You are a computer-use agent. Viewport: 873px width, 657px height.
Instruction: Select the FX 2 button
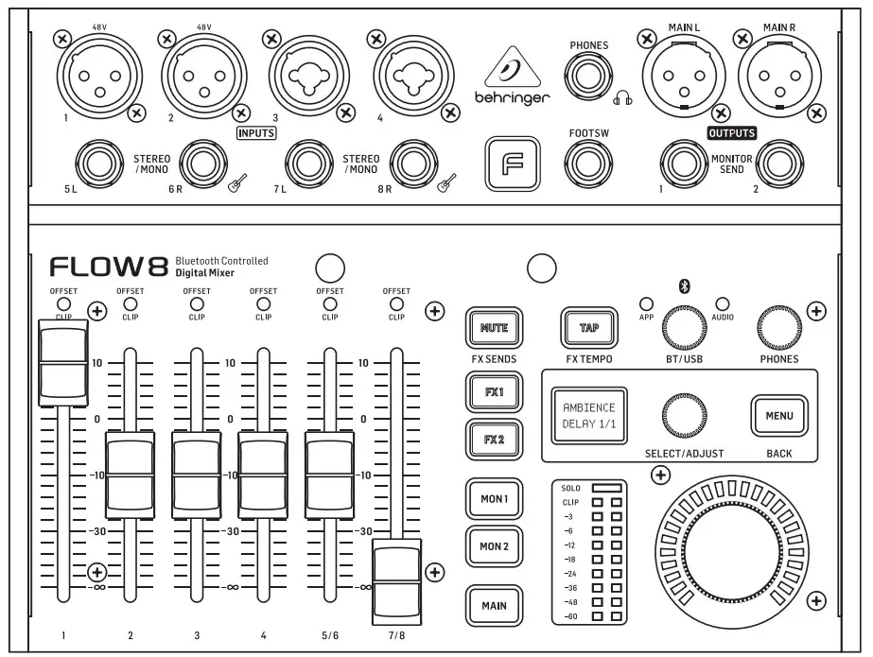tap(493, 440)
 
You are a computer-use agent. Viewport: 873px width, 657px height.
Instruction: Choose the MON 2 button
tap(493, 546)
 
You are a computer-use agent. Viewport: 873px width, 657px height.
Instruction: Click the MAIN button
tap(493, 606)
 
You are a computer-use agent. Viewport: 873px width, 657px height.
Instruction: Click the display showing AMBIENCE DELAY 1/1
tap(589, 415)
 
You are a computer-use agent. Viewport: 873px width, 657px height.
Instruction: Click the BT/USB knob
tap(683, 327)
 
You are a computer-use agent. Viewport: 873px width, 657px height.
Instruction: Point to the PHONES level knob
tap(778, 327)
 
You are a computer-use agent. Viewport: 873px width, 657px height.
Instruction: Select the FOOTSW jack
tap(588, 166)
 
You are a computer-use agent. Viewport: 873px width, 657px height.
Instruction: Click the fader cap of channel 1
tap(63, 363)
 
